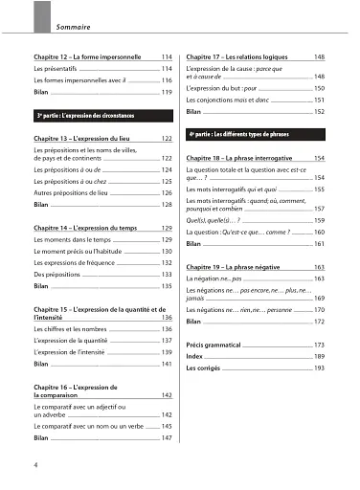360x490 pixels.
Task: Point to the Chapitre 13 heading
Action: (87, 140)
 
